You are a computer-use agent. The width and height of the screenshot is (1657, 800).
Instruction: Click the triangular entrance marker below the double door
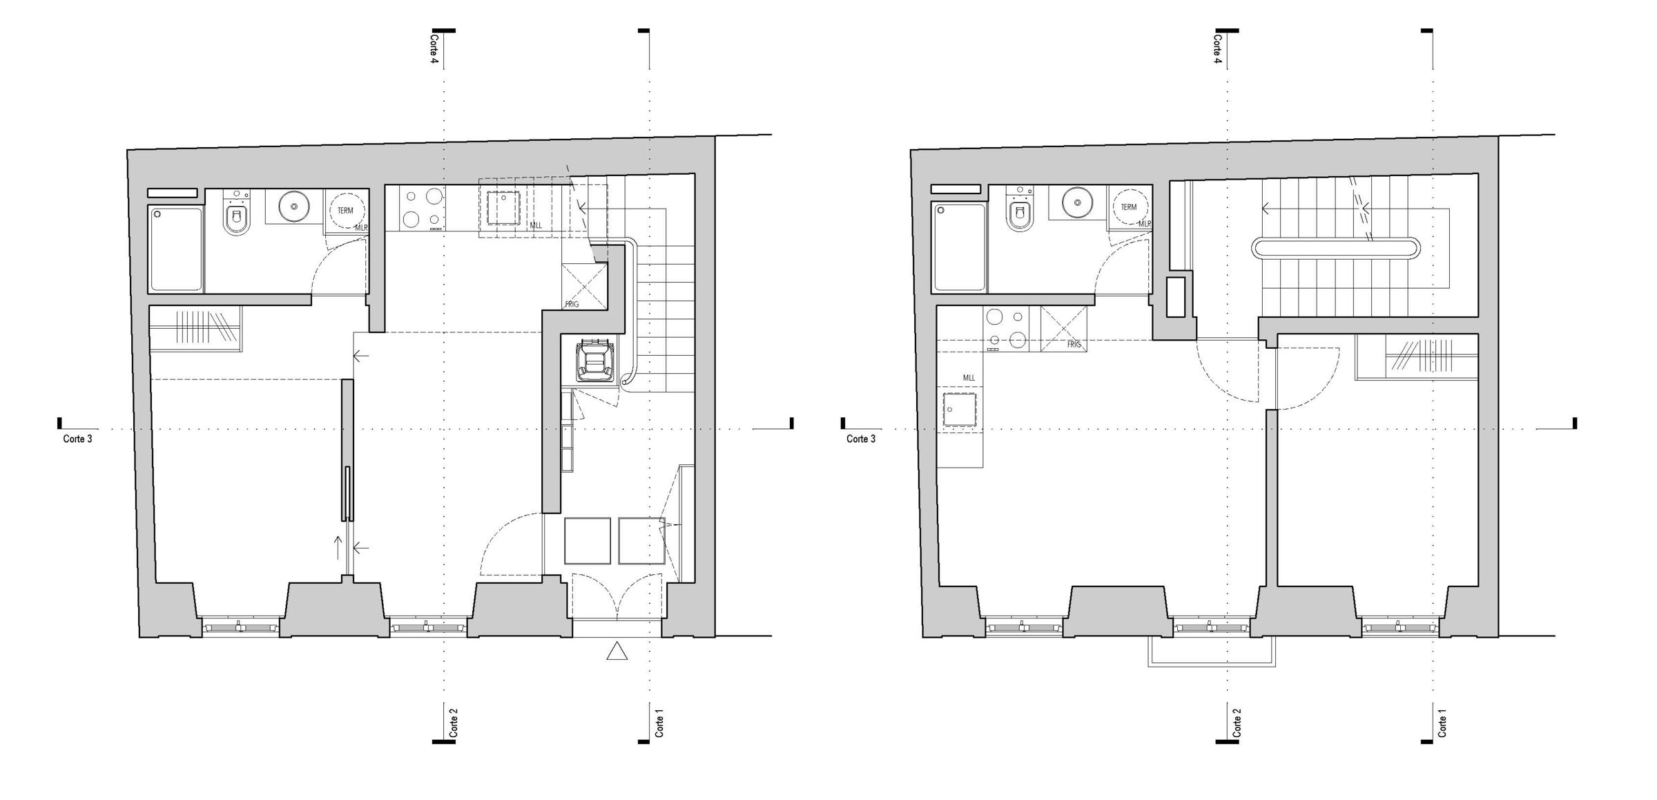tap(617, 651)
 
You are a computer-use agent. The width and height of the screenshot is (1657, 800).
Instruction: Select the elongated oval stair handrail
tap(1337, 247)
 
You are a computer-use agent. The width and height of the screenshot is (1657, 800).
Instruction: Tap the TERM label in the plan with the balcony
tap(1129, 207)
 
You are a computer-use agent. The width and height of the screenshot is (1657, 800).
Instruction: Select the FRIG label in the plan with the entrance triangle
tap(572, 304)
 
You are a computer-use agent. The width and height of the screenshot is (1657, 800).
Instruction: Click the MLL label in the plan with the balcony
tap(969, 378)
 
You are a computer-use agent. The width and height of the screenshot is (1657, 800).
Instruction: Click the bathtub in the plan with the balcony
tap(959, 247)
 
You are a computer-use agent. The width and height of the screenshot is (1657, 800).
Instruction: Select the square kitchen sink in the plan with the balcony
tap(960, 412)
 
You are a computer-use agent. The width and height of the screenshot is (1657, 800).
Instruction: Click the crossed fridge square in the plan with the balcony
tap(1063, 329)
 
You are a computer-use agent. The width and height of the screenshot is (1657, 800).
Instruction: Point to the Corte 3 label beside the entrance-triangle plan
tap(77, 439)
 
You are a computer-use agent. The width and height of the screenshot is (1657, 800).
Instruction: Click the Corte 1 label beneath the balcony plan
tap(1442, 722)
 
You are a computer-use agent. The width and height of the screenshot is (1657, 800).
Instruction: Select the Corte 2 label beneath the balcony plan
tap(1237, 722)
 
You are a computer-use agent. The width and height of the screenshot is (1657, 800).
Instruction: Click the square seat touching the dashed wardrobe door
tap(641, 541)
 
